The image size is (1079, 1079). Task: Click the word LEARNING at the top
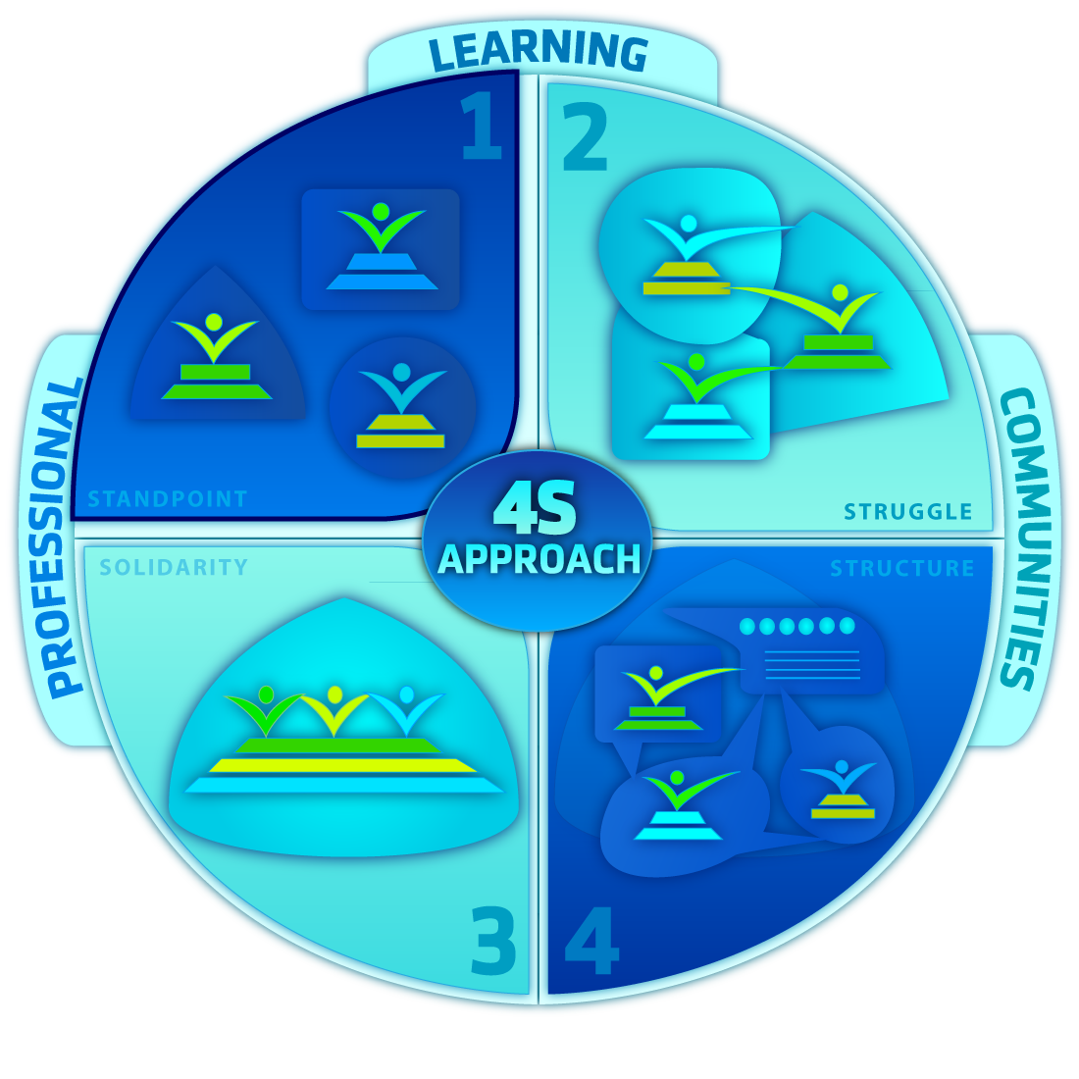[539, 51]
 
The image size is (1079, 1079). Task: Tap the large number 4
[591, 942]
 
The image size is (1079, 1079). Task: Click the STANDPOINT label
[168, 499]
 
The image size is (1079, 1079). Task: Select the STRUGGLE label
[907, 511]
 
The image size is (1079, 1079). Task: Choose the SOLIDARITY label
[174, 567]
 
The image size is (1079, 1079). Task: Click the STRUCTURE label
[901, 569]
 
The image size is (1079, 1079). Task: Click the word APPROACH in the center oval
[539, 559]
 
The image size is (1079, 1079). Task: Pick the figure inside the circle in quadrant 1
[401, 406]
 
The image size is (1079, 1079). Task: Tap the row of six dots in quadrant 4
[797, 626]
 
